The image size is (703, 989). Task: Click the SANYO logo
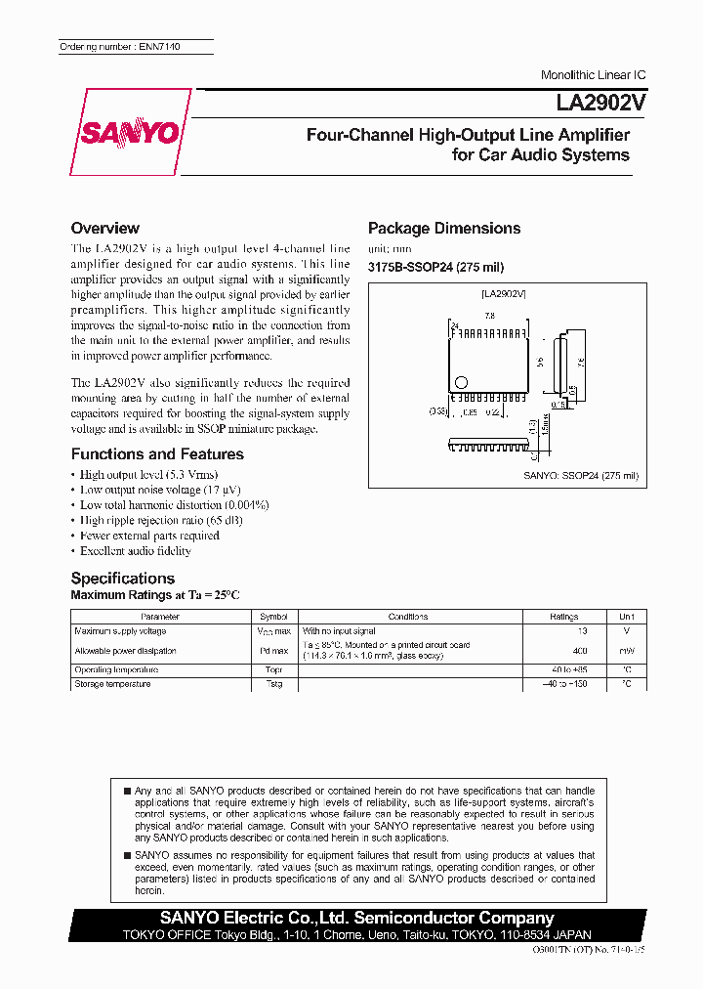click(130, 132)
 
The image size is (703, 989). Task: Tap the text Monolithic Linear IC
click(593, 75)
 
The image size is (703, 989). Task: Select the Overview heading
click(105, 228)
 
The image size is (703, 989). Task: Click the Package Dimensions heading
click(444, 228)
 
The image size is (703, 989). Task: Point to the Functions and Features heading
click(157, 454)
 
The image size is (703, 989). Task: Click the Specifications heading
click(123, 578)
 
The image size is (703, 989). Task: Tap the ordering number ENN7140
click(119, 47)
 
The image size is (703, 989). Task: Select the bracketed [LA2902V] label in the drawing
click(504, 293)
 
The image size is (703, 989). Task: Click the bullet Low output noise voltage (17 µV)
click(160, 490)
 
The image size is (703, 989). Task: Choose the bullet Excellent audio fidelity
click(136, 551)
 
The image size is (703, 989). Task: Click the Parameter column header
click(160, 617)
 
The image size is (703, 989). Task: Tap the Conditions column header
click(408, 617)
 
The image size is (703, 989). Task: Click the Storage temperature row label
click(112, 684)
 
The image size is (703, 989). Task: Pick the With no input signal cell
click(339, 631)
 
